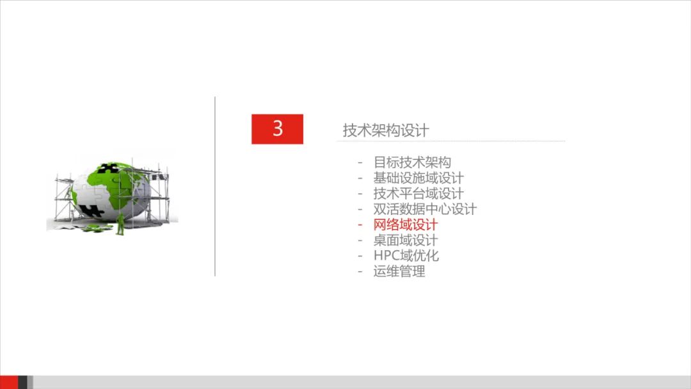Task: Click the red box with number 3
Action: click(277, 129)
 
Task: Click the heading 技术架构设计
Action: click(386, 131)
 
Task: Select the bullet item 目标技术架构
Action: click(412, 163)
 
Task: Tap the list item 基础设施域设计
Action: click(418, 178)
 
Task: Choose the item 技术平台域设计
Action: click(418, 193)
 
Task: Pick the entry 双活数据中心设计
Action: click(425, 209)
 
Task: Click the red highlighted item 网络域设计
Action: click(406, 225)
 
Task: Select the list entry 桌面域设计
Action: click(406, 241)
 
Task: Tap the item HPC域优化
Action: click(406, 256)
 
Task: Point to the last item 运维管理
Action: click(399, 271)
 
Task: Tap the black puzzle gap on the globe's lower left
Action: click(93, 209)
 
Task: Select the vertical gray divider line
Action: click(215, 186)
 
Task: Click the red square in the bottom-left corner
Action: click(9, 382)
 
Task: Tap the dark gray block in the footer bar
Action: click(23, 382)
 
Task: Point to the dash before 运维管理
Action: click(360, 271)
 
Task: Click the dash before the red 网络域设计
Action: click(360, 225)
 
